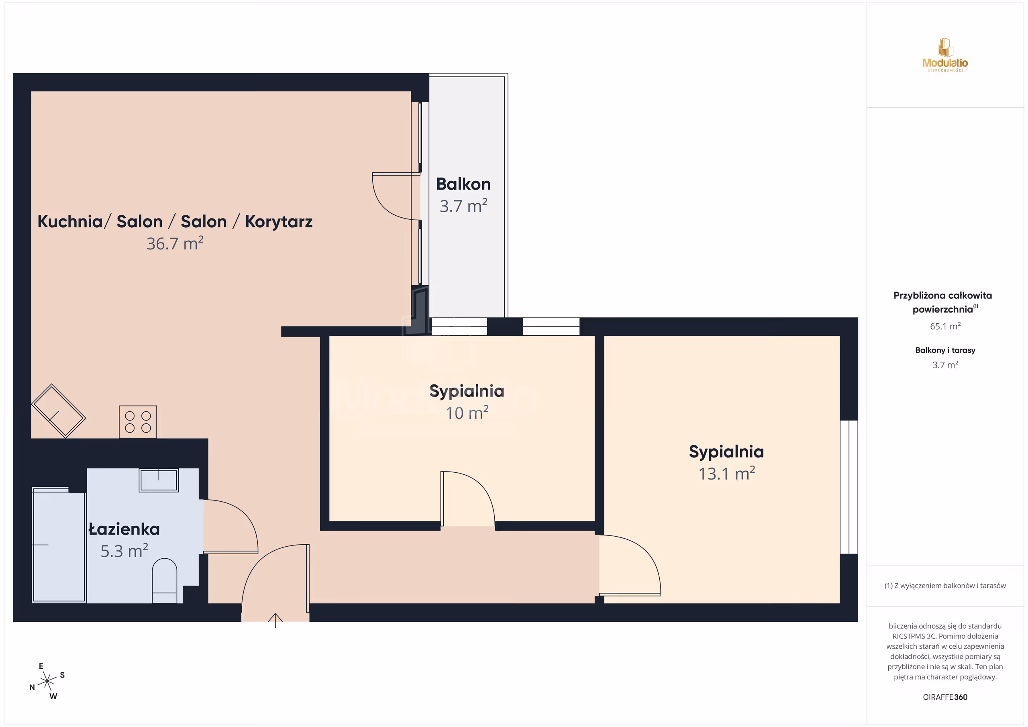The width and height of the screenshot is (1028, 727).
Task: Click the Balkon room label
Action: [463, 184]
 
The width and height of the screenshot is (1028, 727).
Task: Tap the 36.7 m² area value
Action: [175, 243]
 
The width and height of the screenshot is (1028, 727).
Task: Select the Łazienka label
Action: [124, 529]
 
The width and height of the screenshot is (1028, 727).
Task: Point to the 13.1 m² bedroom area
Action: [727, 474]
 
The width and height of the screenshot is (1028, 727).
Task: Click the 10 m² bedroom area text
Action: [467, 413]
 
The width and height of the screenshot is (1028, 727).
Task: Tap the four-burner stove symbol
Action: [138, 422]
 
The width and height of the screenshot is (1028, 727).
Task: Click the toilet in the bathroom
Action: [165, 580]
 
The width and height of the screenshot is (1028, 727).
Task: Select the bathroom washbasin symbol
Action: [159, 480]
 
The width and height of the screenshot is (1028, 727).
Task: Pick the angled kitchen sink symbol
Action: [58, 411]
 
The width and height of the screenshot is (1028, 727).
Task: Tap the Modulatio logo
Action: [945, 55]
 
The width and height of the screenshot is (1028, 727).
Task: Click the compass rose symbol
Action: [47, 681]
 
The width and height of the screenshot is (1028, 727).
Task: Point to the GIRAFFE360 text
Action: [945, 697]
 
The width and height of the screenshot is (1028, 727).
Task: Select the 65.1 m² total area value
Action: [945, 326]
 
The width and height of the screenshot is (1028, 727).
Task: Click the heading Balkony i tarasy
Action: [945, 350]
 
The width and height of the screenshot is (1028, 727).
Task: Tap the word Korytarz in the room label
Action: [279, 222]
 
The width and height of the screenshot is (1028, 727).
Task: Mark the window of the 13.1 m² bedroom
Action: [849, 487]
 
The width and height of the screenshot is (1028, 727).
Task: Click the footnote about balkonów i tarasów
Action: [945, 586]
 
